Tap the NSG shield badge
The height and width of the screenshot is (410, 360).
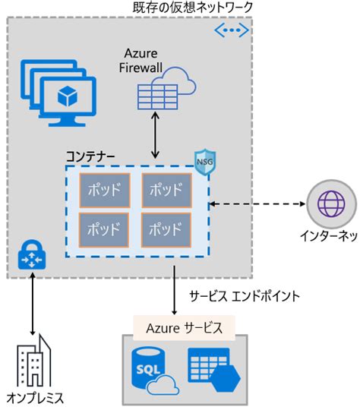201,162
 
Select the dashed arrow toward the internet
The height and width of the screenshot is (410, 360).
258,203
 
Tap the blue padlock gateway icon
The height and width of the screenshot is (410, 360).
32,255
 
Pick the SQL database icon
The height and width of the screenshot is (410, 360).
149,370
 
